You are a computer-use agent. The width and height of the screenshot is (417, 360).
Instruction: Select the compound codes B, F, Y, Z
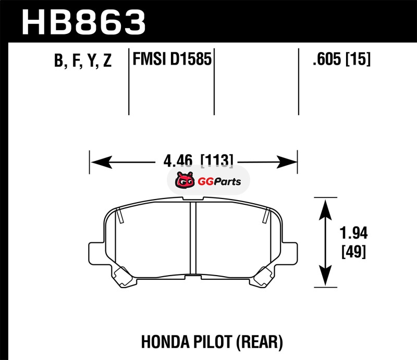(83, 61)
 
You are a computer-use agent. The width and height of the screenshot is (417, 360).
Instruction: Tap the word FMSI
(149, 60)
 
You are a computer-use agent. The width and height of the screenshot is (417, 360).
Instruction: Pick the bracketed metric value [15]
(358, 60)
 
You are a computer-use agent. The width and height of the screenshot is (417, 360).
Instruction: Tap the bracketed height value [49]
(353, 252)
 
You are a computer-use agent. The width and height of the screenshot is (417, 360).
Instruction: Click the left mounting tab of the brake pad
(96, 253)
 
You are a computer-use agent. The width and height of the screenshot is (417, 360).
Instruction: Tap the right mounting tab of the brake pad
(290, 253)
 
